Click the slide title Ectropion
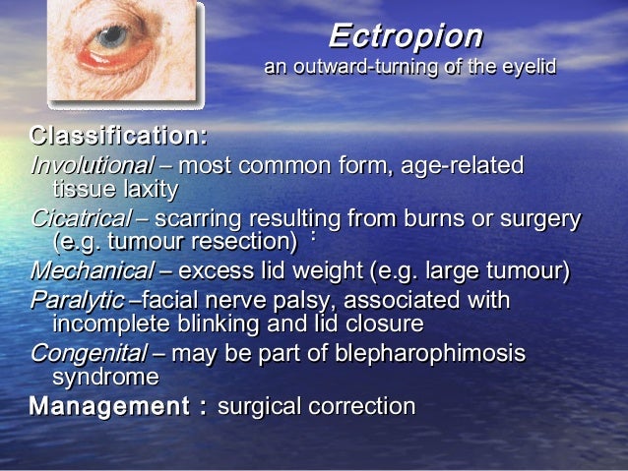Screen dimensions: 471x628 tap(406, 36)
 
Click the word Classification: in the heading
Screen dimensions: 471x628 tap(119, 136)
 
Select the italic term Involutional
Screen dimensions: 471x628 tap(93, 166)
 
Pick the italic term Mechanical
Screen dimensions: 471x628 tap(93, 270)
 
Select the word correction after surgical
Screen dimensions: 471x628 tap(361, 405)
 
